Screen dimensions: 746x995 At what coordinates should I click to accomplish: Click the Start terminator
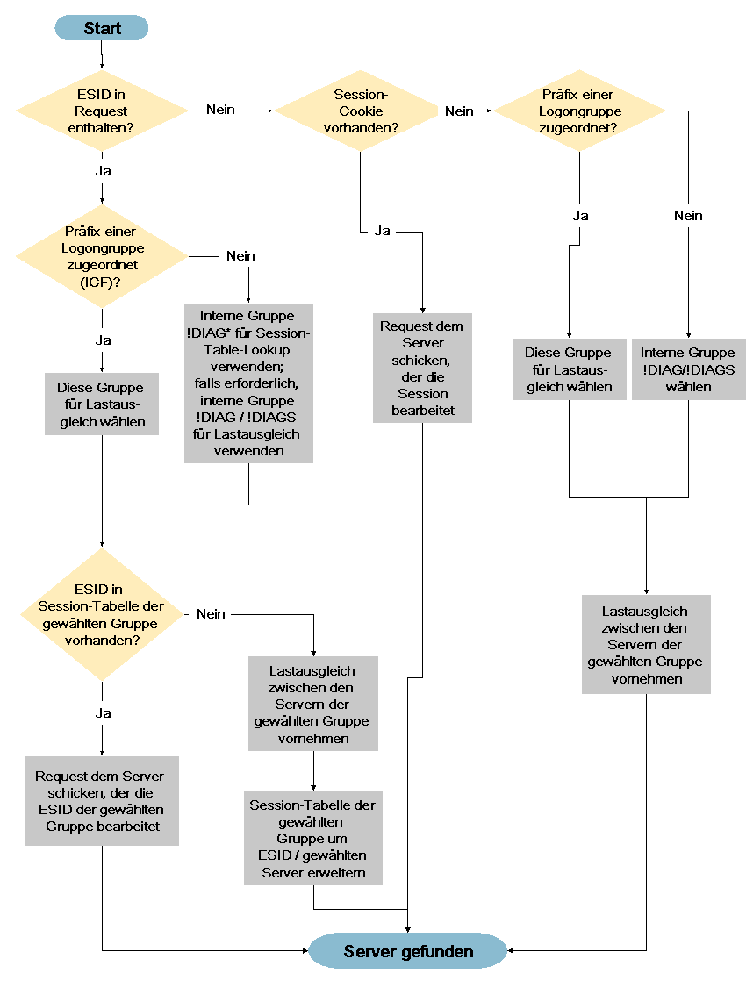[102, 28]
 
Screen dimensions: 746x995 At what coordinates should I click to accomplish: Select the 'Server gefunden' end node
[407, 950]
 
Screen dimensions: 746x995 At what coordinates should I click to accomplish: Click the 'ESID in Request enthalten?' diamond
[102, 111]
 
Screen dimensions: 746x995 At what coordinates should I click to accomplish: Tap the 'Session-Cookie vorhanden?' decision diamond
[361, 111]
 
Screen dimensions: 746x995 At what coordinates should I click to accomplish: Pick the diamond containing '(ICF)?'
[102, 256]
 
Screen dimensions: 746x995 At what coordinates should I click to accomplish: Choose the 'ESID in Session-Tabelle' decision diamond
[102, 614]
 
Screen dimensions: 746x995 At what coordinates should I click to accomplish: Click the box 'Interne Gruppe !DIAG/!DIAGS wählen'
[688, 369]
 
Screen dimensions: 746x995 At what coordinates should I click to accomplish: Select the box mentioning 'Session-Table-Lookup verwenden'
[248, 383]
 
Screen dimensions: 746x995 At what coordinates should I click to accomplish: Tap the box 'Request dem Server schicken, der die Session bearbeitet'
[422, 368]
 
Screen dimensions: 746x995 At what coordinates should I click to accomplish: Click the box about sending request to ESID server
[102, 801]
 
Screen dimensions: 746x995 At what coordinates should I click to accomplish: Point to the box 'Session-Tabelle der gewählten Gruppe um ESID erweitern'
[313, 838]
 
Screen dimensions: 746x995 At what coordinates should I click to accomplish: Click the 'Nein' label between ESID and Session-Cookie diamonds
[220, 110]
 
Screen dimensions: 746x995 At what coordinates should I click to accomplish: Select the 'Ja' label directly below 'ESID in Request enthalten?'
[103, 171]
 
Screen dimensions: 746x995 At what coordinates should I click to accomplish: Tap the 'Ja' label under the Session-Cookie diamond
[382, 231]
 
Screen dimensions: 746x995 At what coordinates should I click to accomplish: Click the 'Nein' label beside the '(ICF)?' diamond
[240, 256]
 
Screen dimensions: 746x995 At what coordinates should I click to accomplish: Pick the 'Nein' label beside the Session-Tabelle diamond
[211, 614]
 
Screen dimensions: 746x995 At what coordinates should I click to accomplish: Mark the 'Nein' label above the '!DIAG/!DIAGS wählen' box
[688, 216]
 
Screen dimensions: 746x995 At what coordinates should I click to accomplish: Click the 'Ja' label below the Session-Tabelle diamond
[103, 713]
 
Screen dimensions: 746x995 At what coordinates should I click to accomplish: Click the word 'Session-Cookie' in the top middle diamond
[361, 103]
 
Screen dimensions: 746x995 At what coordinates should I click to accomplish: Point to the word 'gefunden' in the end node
[437, 952]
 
